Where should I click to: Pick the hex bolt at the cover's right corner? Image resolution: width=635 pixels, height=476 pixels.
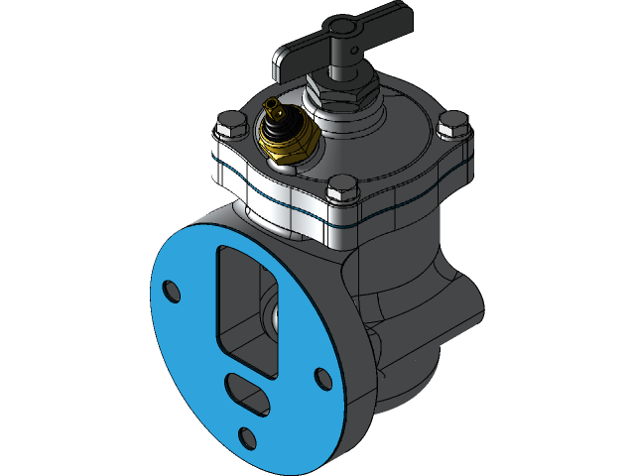click(x=451, y=123)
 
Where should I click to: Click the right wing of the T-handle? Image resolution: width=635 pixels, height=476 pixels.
click(x=381, y=18)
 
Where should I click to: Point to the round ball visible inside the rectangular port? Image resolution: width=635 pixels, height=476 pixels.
click(x=273, y=315)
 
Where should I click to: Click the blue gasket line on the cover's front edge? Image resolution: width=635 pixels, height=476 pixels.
click(x=298, y=206)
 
